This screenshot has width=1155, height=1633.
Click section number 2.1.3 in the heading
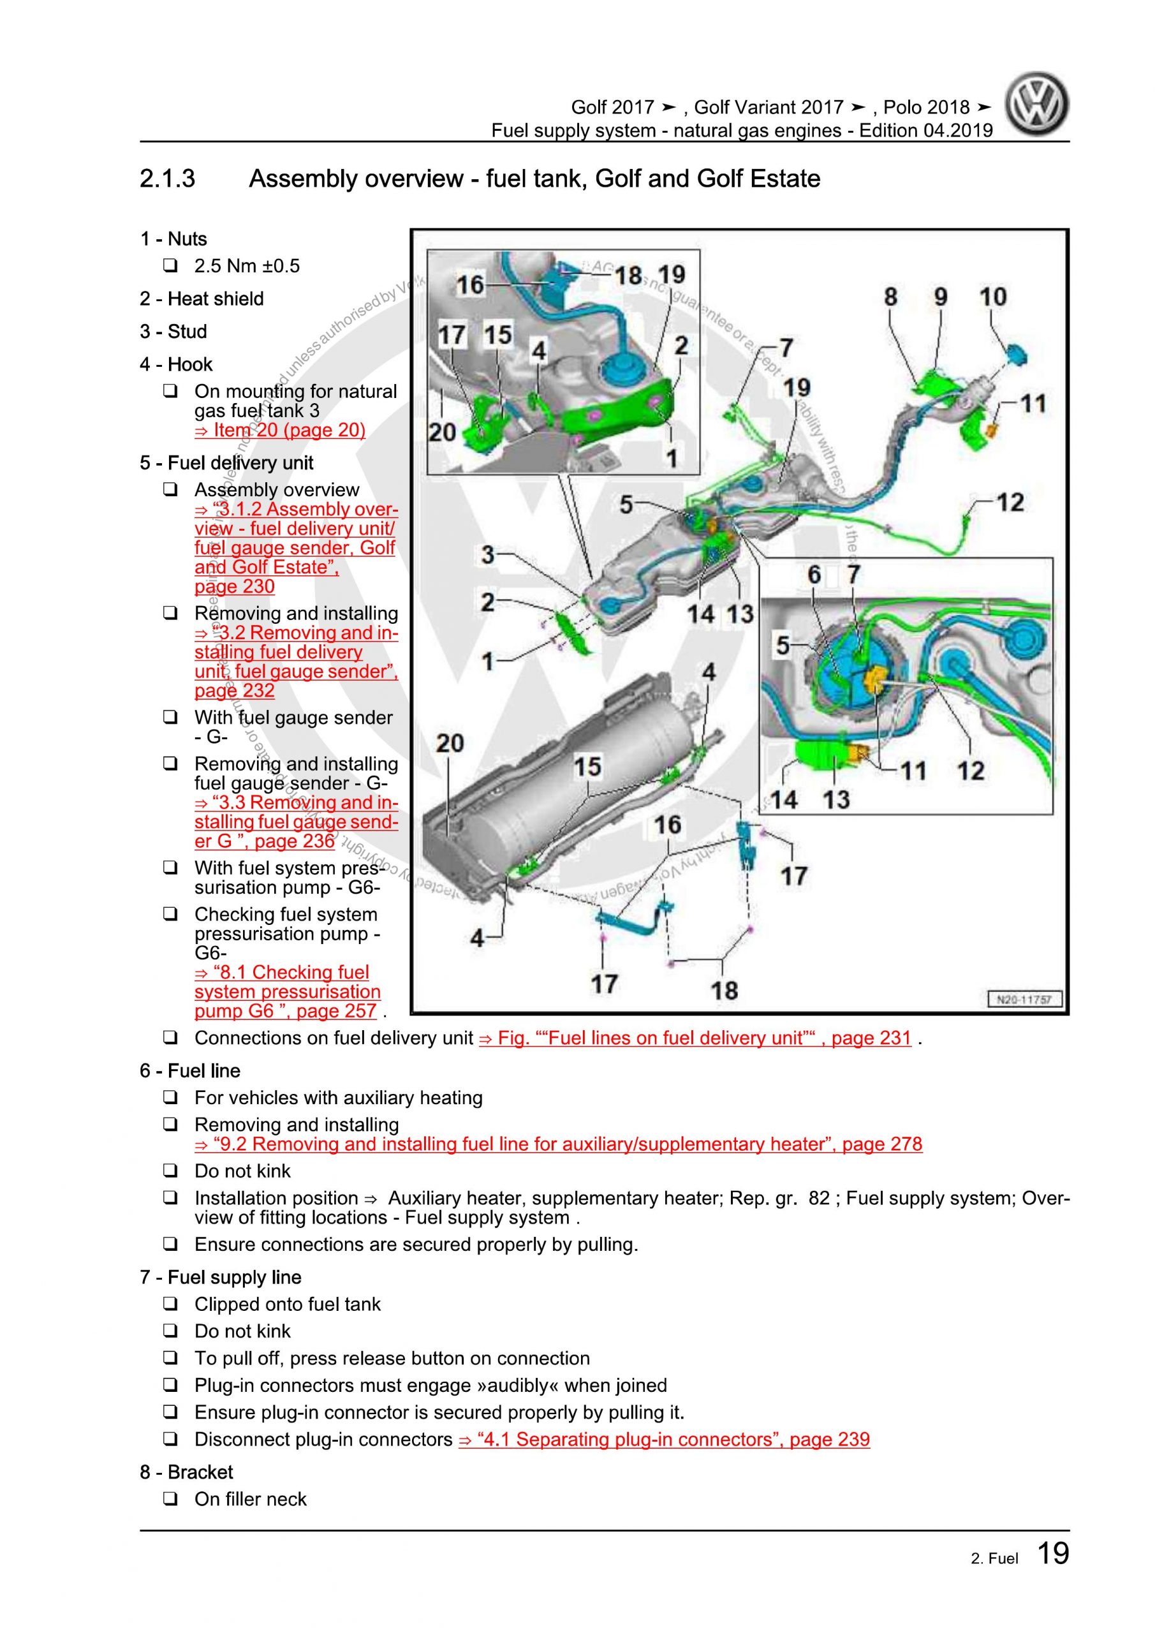point(167,179)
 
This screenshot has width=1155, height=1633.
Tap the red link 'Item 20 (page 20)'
point(279,431)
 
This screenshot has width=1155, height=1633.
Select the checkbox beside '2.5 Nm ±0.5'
point(170,266)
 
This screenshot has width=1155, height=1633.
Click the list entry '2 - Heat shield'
point(202,299)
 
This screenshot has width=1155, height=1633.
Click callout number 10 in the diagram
point(993,297)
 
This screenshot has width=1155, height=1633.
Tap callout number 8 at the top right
point(890,297)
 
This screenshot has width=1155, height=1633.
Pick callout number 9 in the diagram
point(940,297)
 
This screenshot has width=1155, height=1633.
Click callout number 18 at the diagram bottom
point(724,990)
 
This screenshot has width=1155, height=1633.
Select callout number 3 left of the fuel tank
point(488,555)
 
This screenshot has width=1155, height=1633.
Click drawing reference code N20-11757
point(1024,1000)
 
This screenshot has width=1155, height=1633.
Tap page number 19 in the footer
point(1052,1553)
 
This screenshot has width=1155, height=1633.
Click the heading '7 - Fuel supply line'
point(221,1278)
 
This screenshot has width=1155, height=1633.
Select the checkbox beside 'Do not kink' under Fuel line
point(170,1171)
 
